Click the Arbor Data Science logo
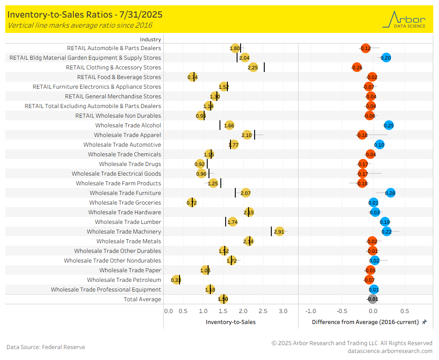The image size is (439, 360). (x=404, y=19)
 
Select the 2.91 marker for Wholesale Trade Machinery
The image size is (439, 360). (x=279, y=231)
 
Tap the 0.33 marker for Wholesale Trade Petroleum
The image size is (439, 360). (x=176, y=280)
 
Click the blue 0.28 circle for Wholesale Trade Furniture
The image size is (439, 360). (x=390, y=193)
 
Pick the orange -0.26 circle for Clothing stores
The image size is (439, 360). (x=357, y=67)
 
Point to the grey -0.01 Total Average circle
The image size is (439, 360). (x=372, y=299)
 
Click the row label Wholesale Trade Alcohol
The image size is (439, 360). (x=128, y=125)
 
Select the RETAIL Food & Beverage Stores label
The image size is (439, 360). (x=119, y=77)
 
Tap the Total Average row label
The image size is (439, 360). (x=142, y=299)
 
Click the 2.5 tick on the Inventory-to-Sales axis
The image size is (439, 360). (x=263, y=311)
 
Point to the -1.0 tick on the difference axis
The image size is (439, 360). (x=310, y=311)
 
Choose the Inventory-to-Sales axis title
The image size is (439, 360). (x=230, y=322)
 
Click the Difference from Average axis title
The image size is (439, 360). (x=365, y=322)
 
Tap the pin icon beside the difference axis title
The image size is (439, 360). (x=424, y=322)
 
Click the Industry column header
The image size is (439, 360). (x=151, y=39)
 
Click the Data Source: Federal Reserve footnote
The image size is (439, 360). (x=46, y=347)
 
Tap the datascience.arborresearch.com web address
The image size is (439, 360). (x=390, y=351)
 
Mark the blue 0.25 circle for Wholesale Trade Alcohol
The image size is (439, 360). (x=389, y=125)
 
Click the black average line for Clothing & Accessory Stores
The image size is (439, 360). (x=264, y=67)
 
